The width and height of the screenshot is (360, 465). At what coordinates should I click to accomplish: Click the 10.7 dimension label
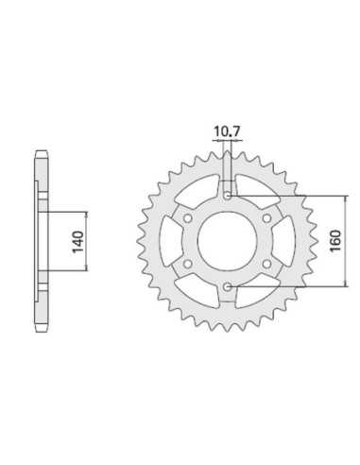tap(227, 131)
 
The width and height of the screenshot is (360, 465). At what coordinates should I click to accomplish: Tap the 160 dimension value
tap(335, 241)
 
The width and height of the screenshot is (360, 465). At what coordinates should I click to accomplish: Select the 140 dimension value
tap(78, 242)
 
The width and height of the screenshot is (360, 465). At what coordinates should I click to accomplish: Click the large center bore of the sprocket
tap(227, 241)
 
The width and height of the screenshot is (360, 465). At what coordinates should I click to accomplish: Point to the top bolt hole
tap(227, 196)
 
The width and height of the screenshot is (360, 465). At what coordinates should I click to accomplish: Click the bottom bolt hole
tap(227, 286)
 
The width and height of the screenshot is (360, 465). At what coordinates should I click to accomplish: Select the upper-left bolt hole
tap(188, 218)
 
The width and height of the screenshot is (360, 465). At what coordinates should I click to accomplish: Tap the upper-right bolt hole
tap(266, 218)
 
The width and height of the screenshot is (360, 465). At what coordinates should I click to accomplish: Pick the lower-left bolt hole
tap(188, 264)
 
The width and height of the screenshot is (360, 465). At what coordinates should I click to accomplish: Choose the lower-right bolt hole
tap(266, 264)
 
